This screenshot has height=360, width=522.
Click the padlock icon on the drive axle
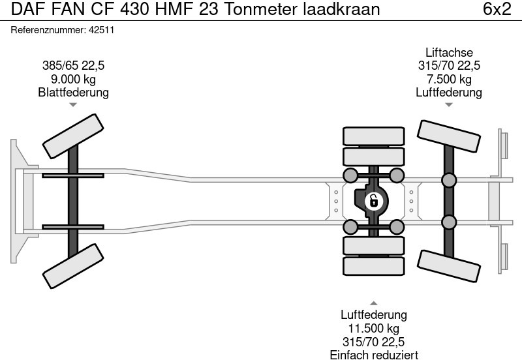[x=374, y=200]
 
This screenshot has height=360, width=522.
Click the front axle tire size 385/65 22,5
[x=73, y=66]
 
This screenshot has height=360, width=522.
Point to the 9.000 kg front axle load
[x=73, y=79]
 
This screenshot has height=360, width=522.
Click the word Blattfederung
[x=73, y=93]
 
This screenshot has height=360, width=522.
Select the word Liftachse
[x=449, y=53]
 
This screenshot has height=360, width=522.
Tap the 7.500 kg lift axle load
[x=449, y=79]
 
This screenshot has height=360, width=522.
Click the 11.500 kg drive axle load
[x=374, y=329]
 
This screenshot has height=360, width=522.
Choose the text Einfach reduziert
[x=374, y=355]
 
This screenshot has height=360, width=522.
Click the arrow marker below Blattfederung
[x=73, y=104]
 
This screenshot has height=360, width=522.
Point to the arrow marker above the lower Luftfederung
[x=374, y=303]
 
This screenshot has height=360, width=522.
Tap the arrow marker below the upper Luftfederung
[x=449, y=104]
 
